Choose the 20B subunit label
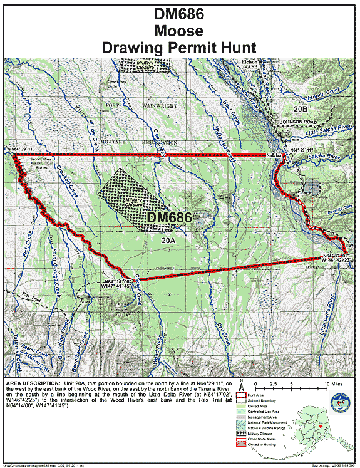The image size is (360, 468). pos(302,108)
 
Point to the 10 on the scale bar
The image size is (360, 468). pos(327,383)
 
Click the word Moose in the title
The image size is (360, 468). pos(180,31)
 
